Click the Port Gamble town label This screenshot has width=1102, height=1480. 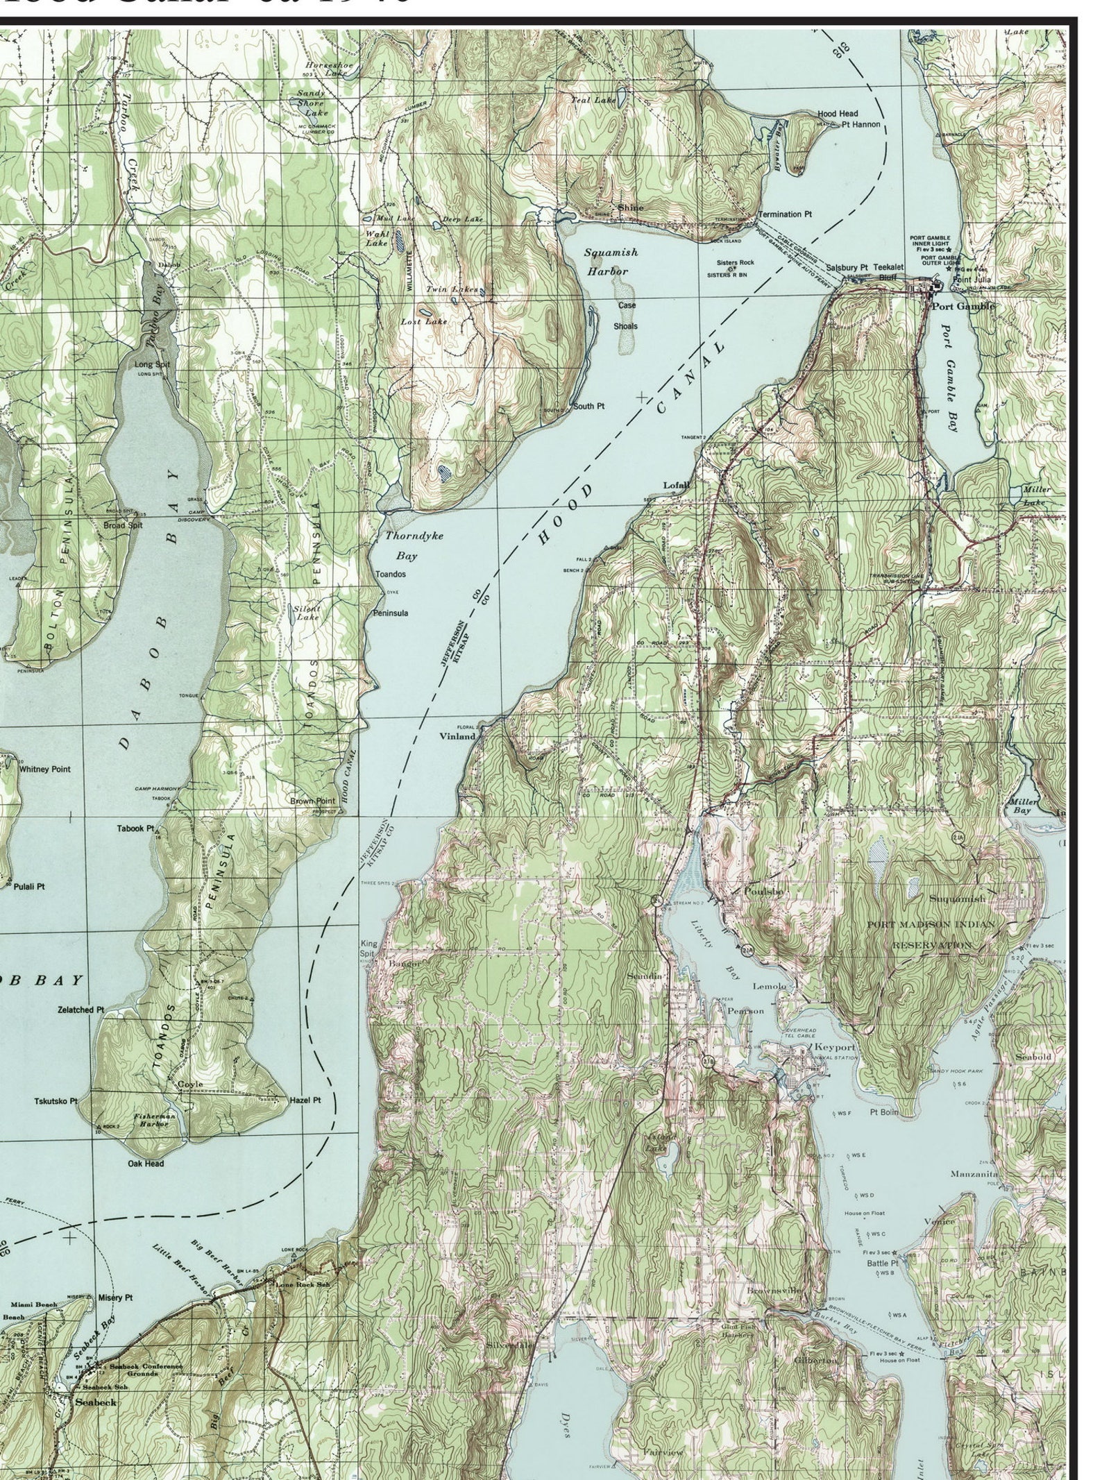[963, 306]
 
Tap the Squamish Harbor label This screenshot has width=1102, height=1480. [610, 262]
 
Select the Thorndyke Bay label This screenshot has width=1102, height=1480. [414, 545]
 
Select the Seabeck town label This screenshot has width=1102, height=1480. [96, 1402]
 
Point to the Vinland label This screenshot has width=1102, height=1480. [457, 736]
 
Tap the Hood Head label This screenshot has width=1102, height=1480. [837, 113]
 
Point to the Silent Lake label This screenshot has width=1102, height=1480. [307, 613]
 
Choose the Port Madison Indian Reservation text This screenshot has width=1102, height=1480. [931, 935]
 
